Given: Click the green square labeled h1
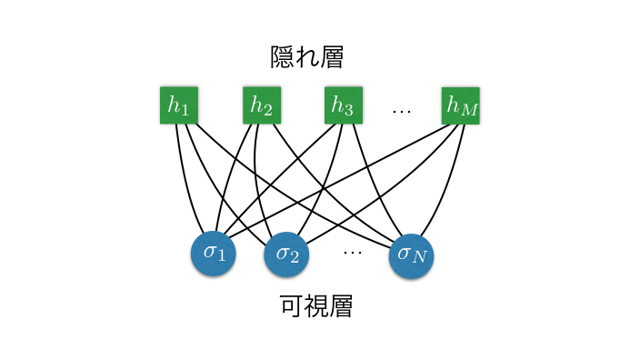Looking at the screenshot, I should tap(178, 105).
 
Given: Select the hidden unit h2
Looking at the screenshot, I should tap(262, 105).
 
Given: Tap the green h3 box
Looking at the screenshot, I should tap(343, 105).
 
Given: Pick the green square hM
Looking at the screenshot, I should tap(460, 105).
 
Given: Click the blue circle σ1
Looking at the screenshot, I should tap(214, 253).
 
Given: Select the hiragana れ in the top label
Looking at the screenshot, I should tap(309, 57).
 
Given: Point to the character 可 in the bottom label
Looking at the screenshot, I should tap(293, 305).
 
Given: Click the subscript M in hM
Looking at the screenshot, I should tap(468, 112).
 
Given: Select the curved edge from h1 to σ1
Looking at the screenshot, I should tap(187, 182).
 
